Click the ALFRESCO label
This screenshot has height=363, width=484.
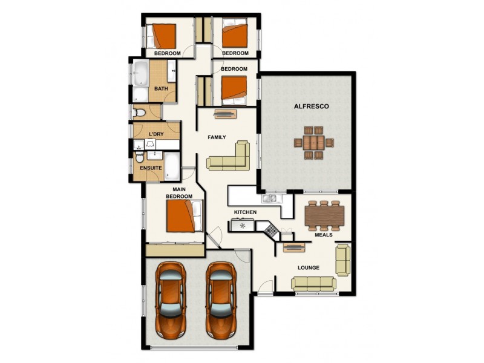coord(311,106)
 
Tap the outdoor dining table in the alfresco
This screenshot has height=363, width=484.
coord(313,143)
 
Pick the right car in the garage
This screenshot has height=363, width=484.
coord(220,299)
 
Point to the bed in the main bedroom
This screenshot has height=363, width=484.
coord(184,216)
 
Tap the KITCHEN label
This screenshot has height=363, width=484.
coord(246,212)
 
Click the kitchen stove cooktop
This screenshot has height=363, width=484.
coord(270,231)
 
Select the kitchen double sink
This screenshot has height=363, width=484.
coord(269,198)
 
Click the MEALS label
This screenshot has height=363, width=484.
coord(324,235)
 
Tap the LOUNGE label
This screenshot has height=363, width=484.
coord(309,267)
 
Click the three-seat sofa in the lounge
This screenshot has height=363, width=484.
coord(313,283)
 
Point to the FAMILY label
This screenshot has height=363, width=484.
coord(217,137)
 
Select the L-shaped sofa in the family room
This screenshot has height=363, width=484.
coord(230,159)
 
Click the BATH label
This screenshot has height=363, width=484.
coord(161,89)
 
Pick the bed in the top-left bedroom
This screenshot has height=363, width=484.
coord(163,35)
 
